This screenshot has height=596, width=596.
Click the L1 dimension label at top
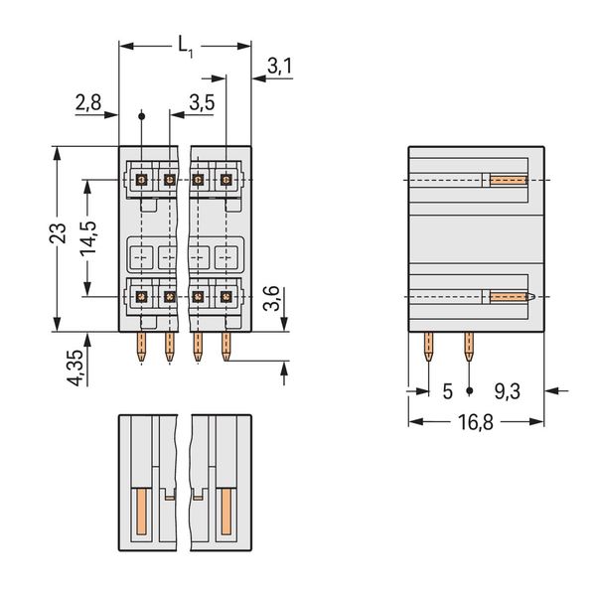186,48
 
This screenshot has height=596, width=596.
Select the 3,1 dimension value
279,67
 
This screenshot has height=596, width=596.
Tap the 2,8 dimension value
88,102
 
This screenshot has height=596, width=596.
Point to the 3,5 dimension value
202,102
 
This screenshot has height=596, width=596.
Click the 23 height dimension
58,233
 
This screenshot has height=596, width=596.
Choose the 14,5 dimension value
88,238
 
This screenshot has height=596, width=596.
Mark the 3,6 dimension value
272,298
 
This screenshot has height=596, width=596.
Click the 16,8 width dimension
476,422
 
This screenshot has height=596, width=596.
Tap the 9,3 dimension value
507,391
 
